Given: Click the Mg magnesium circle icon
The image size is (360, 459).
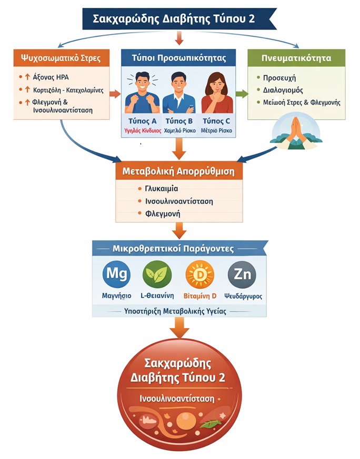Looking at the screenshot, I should pyautogui.click(x=116, y=274).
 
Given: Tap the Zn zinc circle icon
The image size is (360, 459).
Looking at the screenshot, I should pyautogui.click(x=242, y=274).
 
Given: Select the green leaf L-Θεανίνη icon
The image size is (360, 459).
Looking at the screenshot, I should pyautogui.click(x=157, y=274).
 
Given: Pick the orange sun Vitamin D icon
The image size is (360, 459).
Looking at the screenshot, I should pyautogui.click(x=200, y=274).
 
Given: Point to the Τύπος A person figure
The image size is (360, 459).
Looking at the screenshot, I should pyautogui.click(x=141, y=93).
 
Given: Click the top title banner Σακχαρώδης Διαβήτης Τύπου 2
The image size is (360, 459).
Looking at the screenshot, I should pyautogui.click(x=179, y=18).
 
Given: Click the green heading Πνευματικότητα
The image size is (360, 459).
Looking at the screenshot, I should pyautogui.click(x=296, y=57).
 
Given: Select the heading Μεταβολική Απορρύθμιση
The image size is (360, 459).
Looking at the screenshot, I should pyautogui.click(x=178, y=172).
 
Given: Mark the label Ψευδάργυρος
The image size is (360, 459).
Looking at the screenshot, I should pyautogui.click(x=242, y=296).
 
